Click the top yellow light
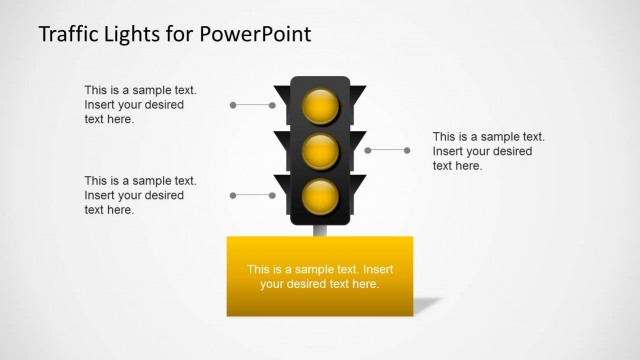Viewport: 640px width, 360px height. (x=321, y=105)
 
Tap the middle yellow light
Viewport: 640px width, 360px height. (x=321, y=151)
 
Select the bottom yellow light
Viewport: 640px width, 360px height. (x=321, y=195)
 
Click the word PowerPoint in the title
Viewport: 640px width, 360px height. (x=256, y=33)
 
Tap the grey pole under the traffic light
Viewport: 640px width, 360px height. (x=320, y=231)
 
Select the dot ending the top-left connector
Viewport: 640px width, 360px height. (x=233, y=104)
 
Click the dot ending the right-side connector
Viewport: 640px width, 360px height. (x=408, y=150)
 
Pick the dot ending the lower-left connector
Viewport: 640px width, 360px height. (x=233, y=195)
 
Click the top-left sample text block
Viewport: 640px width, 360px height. (x=140, y=104)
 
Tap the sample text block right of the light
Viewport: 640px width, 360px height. (x=488, y=151)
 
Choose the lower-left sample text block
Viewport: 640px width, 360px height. (x=140, y=195)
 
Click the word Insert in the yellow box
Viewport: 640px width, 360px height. (x=378, y=270)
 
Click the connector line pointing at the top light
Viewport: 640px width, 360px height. (x=255, y=104)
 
